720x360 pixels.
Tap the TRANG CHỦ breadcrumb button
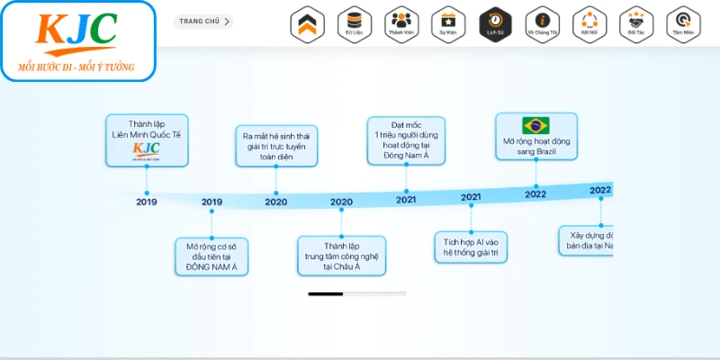[x=204, y=21]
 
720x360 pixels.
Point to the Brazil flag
[x=535, y=125]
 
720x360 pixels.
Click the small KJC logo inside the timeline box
[x=146, y=149]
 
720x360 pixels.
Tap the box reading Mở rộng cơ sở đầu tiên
[x=211, y=256]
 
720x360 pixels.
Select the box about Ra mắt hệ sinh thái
[x=276, y=147]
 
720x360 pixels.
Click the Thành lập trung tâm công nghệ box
[x=341, y=256]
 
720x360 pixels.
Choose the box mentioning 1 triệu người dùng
[x=406, y=140]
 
